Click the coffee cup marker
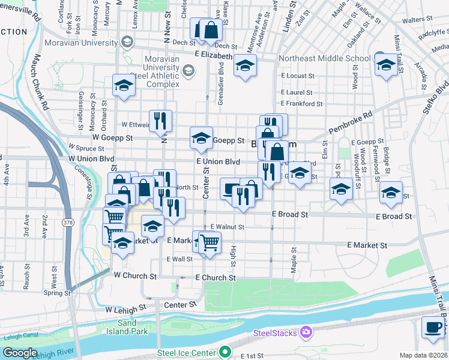tap(433, 327)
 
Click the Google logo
tap(20, 353)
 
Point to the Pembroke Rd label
tap(351, 122)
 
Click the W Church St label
tap(135, 277)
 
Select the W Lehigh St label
tap(125, 310)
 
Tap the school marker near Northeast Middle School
tap(385, 64)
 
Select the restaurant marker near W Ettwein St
tap(160, 120)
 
